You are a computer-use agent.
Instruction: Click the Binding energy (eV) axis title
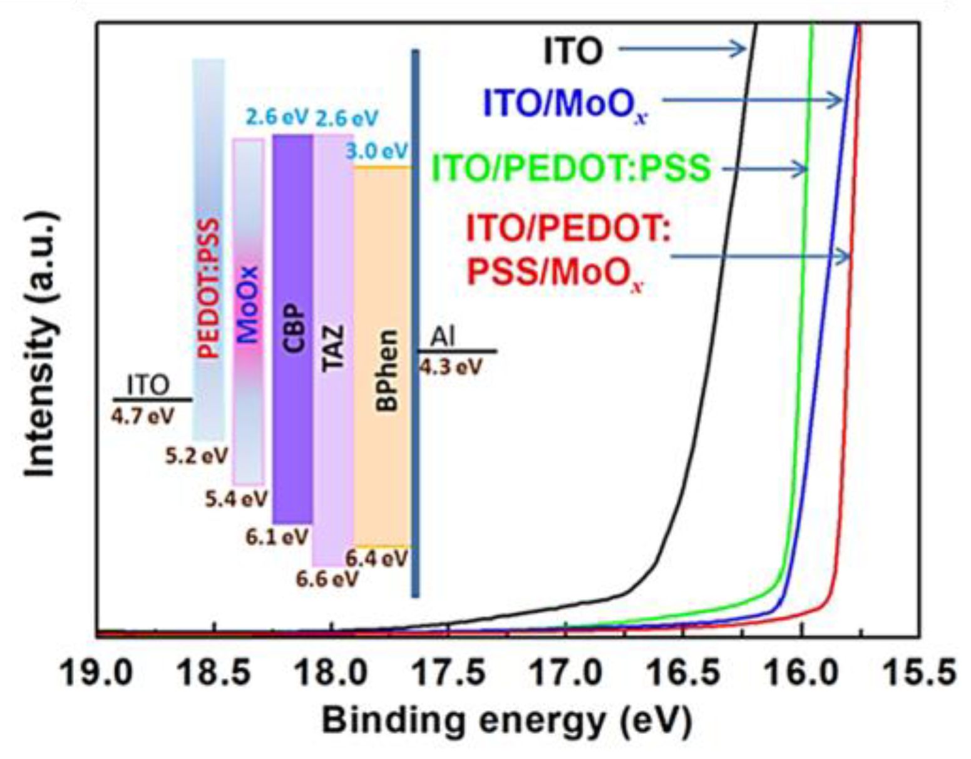click(x=507, y=721)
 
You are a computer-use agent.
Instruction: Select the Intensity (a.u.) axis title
click(x=41, y=345)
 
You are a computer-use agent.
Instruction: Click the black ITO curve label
click(x=572, y=51)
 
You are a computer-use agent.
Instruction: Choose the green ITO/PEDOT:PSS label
click(x=572, y=168)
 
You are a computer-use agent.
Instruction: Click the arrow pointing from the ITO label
click(x=682, y=49)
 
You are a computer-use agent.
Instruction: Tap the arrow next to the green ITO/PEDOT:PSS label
click(x=764, y=169)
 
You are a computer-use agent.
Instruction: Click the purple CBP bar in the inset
click(x=292, y=329)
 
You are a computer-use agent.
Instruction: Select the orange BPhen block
click(x=383, y=357)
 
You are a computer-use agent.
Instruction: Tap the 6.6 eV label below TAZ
click(x=327, y=579)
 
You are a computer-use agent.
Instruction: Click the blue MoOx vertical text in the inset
click(x=249, y=305)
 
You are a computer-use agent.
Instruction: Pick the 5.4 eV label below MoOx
click(x=237, y=499)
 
